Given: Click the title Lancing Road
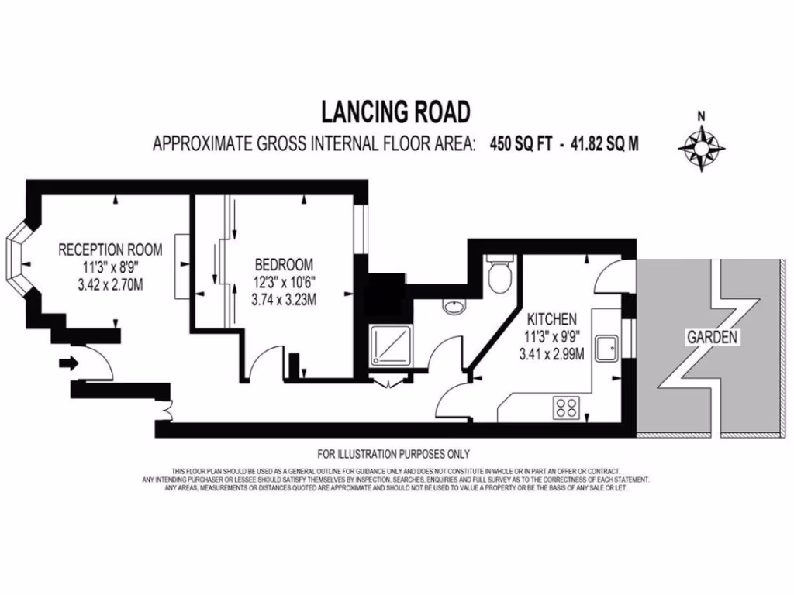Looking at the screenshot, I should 396,112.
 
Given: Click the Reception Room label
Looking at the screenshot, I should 111,249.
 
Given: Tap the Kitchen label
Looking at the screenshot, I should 551,318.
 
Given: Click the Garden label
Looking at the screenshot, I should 710,337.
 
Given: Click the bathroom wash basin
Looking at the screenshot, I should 455,308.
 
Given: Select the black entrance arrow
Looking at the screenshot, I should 69,362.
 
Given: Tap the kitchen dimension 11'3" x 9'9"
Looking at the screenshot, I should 551,338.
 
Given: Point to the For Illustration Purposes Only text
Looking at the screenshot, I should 394,454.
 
